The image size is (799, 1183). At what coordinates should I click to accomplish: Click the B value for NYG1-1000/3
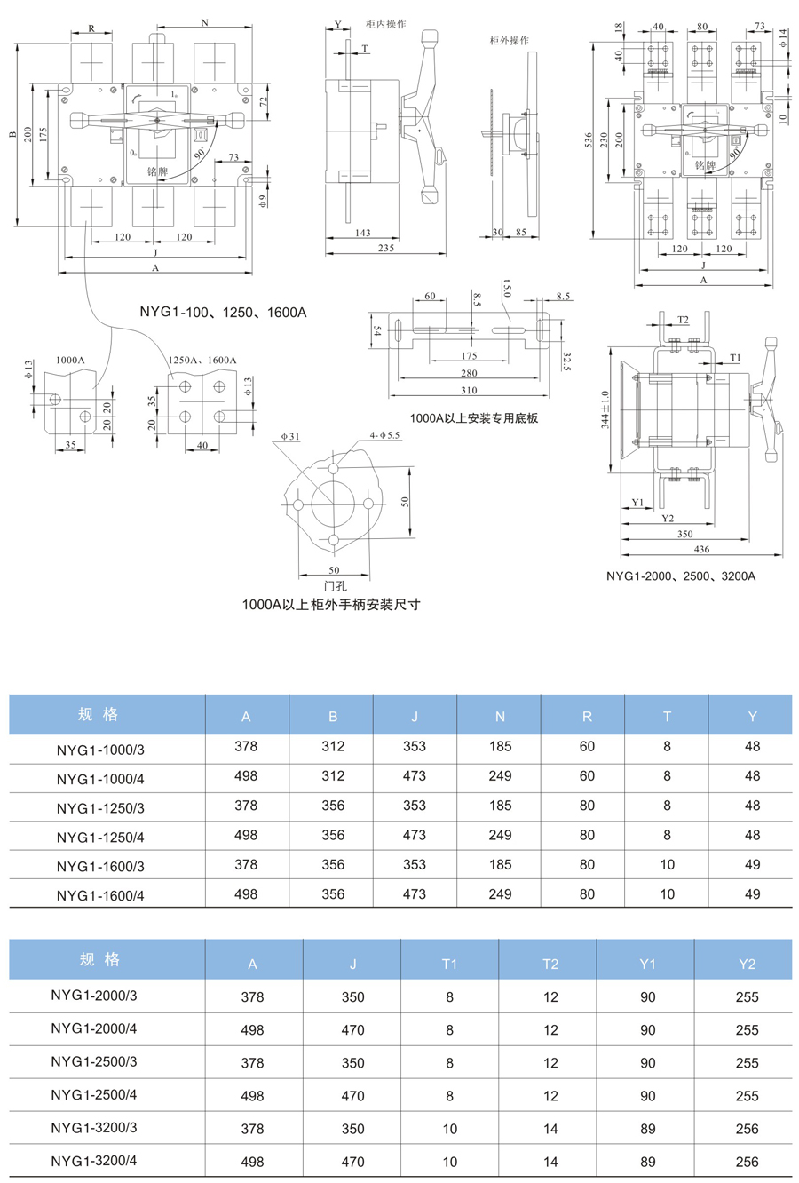tap(333, 746)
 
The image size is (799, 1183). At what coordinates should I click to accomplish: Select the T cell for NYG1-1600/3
tap(667, 864)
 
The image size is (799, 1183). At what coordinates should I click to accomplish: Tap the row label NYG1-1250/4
tap(100, 838)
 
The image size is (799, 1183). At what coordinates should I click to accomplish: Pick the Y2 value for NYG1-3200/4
tap(747, 1162)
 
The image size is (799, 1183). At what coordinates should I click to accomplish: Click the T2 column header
tap(550, 965)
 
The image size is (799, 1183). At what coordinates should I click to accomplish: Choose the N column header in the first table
tap(500, 717)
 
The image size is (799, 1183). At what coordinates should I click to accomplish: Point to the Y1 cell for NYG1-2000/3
tap(647, 997)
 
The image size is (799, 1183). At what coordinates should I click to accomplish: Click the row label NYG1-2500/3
tap(94, 1061)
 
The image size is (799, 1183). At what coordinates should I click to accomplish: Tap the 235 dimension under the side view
tap(386, 248)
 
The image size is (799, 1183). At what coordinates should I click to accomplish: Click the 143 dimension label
tap(362, 233)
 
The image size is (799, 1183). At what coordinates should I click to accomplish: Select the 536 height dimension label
tap(589, 139)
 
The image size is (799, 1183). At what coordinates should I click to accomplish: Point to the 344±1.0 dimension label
tap(605, 409)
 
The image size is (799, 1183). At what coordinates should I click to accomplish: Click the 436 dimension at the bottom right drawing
tap(701, 549)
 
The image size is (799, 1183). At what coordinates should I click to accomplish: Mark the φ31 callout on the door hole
tap(290, 436)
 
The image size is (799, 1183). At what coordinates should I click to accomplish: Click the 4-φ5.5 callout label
tap(384, 435)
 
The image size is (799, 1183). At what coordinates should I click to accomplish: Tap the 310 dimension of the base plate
tap(469, 390)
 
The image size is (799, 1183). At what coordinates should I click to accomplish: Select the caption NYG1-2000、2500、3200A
tap(681, 576)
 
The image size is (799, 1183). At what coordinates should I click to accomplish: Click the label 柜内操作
tap(386, 24)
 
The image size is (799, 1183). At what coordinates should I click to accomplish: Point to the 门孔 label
tap(335, 586)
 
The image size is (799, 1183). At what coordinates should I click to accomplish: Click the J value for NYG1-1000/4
tap(415, 776)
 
